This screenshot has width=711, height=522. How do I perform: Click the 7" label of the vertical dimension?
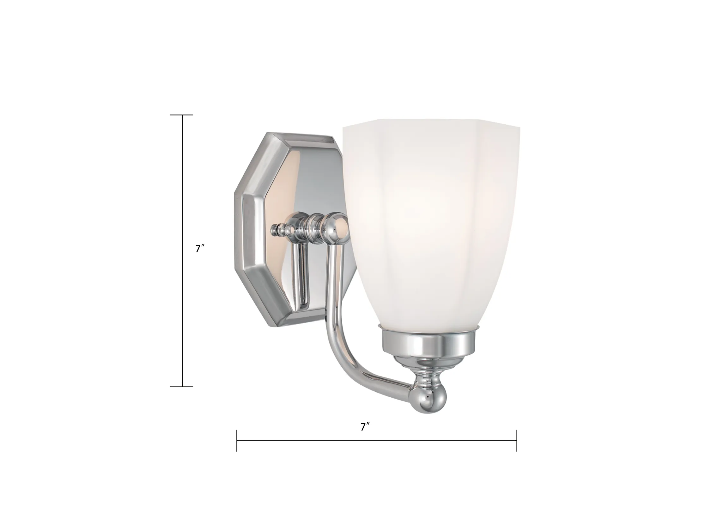[200, 248]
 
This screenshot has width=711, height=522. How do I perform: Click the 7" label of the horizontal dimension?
[365, 427]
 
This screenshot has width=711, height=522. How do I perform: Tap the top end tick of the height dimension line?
[181, 115]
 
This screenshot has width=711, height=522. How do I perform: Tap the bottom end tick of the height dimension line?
[181, 387]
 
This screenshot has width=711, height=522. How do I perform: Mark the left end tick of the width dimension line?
[237, 440]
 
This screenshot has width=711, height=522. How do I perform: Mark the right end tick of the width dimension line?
[517, 440]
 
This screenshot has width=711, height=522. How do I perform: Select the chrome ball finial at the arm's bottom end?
[428, 400]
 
